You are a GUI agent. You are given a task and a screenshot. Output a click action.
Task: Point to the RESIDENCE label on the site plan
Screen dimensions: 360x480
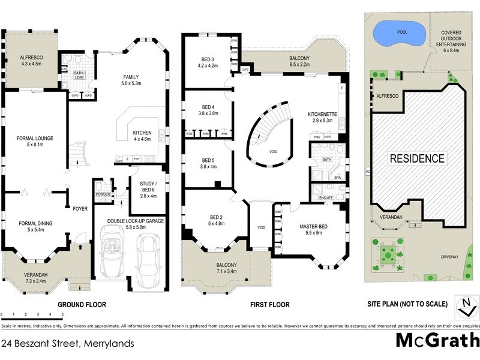[418, 158]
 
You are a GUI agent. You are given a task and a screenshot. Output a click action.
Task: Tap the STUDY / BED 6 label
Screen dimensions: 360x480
[148, 187]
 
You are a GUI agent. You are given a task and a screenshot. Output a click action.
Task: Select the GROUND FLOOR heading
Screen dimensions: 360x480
[82, 304]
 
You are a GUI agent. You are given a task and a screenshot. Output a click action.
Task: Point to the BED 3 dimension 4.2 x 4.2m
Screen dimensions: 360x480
[208, 65]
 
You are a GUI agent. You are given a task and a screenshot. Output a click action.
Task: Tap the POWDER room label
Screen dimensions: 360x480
[102, 194]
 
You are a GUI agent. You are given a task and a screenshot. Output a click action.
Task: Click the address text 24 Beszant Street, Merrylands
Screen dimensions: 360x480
[67, 344]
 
